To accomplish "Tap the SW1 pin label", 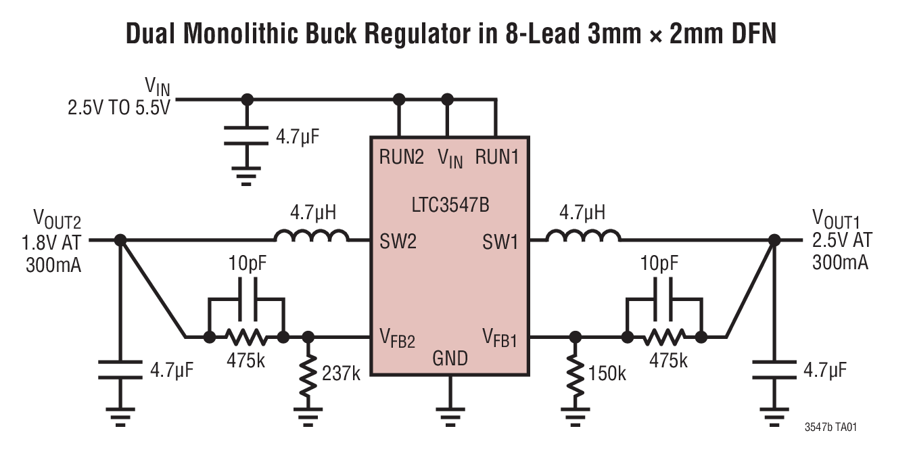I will tap(500, 241).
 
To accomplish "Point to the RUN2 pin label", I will tap(401, 158).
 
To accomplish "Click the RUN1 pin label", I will tap(497, 158).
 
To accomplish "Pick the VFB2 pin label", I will tap(397, 337).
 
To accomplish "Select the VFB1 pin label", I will tap(500, 337).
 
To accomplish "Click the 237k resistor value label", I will tap(340, 373).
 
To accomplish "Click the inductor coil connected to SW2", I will tap(312, 236).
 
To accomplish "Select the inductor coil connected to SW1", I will tap(583, 236).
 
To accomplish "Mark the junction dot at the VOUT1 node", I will tap(774, 240).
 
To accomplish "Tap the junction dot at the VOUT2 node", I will tap(120, 240).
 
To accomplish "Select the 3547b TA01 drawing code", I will tap(833, 428).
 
